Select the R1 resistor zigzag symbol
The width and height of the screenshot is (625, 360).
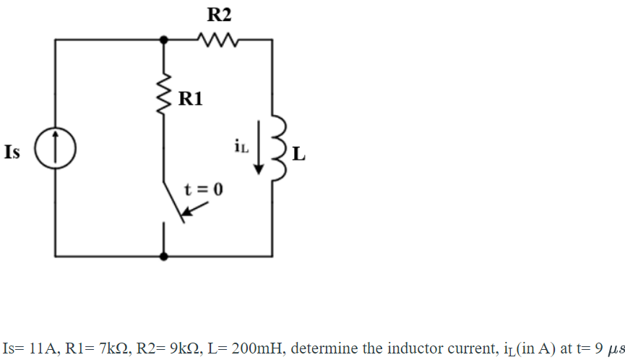tap(165, 90)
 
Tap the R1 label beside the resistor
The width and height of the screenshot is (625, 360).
tap(189, 99)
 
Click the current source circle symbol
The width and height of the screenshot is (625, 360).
tap(55, 152)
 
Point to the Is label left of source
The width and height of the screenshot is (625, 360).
tap(12, 153)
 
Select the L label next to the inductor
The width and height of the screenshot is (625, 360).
tap(299, 154)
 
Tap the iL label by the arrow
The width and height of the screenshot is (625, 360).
tap(241, 147)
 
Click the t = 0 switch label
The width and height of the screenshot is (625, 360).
tap(204, 189)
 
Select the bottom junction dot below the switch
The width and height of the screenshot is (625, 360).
tap(165, 256)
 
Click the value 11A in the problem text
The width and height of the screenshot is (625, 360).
tap(41, 347)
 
